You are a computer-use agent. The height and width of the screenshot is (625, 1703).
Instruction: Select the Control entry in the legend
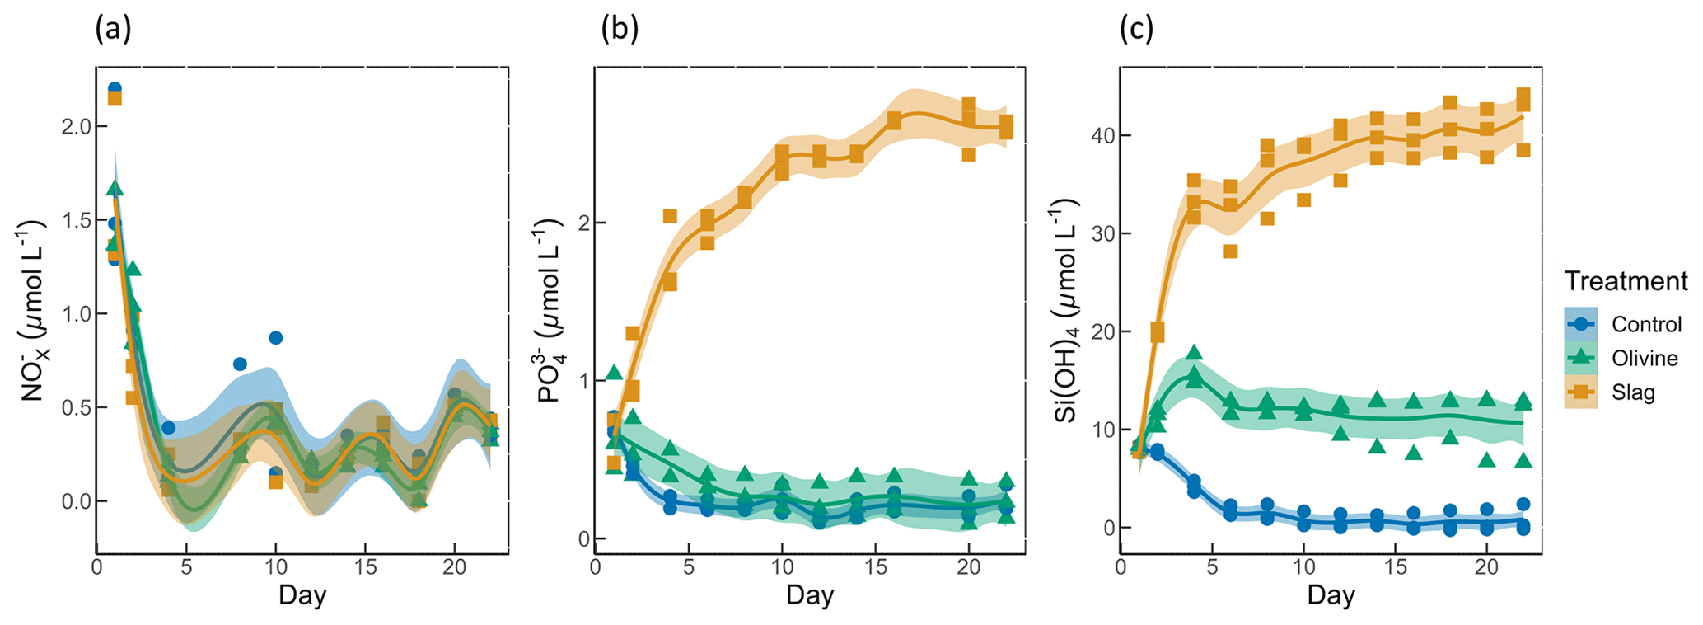click(1646, 324)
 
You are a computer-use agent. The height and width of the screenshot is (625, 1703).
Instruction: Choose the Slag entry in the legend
click(1633, 392)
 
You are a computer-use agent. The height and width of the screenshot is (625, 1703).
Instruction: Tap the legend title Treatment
click(1626, 281)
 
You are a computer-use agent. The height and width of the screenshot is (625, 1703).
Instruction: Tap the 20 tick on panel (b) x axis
click(969, 568)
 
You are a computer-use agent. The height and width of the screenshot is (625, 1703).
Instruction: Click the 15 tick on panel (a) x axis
click(364, 568)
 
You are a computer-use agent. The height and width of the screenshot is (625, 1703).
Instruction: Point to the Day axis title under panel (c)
click(1331, 595)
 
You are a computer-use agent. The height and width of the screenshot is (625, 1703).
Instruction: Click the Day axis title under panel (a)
click(302, 595)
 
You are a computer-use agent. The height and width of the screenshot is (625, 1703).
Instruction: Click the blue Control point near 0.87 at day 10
click(276, 338)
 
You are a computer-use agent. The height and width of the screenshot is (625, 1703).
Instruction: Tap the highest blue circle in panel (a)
click(115, 88)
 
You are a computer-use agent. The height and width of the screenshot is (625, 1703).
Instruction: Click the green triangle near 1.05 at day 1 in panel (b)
click(614, 373)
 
